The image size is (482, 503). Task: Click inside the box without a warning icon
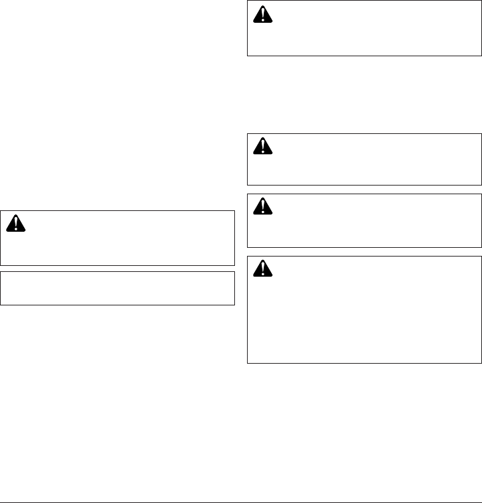click(118, 288)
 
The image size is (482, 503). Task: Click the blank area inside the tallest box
click(365, 315)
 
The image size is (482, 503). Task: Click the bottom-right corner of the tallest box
click(481, 363)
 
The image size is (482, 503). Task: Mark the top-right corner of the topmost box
click(481, 1)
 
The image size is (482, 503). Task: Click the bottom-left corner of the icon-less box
click(1, 305)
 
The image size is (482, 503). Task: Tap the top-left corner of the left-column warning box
click(1, 211)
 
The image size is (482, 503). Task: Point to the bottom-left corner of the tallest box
click(248, 363)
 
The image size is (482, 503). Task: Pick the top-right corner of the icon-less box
click(234, 271)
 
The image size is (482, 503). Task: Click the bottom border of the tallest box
click(365, 363)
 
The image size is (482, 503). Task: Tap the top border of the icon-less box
click(118, 271)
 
